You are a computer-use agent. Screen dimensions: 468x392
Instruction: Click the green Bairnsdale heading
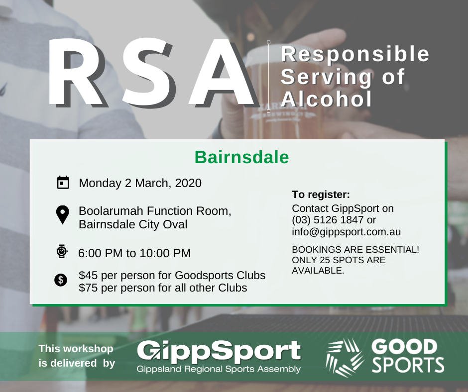click(x=242, y=157)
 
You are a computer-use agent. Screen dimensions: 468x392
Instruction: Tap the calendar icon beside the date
click(x=63, y=183)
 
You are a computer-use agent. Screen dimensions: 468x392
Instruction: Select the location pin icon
click(x=62, y=215)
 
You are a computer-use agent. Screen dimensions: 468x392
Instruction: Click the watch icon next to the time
click(x=62, y=251)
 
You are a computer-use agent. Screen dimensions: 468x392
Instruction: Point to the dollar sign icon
click(x=61, y=280)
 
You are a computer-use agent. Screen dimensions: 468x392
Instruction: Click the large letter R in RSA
click(x=77, y=73)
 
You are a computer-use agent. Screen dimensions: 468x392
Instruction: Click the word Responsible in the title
click(x=355, y=55)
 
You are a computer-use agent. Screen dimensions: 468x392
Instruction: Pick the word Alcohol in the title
click(x=327, y=99)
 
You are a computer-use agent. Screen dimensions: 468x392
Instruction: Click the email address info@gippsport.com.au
click(x=346, y=232)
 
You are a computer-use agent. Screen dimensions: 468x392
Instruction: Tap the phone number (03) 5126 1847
click(x=328, y=220)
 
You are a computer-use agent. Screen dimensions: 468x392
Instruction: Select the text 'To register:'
click(x=321, y=195)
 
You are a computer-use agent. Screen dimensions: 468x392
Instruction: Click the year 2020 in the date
click(x=188, y=183)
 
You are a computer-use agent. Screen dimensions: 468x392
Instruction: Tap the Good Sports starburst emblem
click(x=345, y=357)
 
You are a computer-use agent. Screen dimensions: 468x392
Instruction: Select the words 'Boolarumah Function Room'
click(x=155, y=211)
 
